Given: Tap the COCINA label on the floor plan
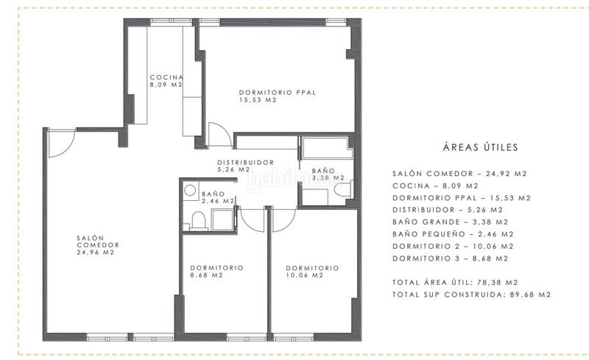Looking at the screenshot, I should click(x=166, y=77).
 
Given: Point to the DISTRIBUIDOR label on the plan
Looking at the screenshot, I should click(x=245, y=163).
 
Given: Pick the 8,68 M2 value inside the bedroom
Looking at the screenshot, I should click(x=206, y=276).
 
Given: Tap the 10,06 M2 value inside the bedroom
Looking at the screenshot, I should click(x=303, y=276).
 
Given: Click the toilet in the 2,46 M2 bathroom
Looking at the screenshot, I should click(x=196, y=219).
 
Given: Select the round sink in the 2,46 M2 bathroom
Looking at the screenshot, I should click(x=189, y=188).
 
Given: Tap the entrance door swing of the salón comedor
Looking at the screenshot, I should click(x=60, y=144).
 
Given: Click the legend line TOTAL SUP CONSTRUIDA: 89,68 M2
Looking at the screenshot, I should click(x=472, y=294).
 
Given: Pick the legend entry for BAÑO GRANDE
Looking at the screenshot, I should click(x=450, y=222).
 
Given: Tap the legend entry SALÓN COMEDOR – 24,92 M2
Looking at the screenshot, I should click(x=460, y=174).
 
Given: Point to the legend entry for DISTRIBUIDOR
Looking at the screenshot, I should click(x=449, y=210).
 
